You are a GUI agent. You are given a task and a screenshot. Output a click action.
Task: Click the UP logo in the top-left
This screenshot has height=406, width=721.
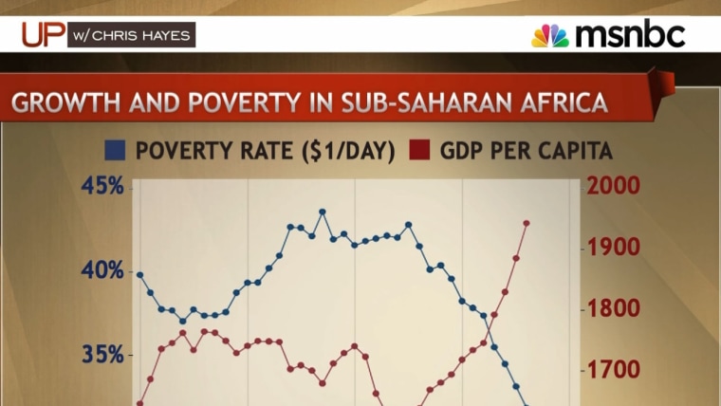click(x=43, y=35)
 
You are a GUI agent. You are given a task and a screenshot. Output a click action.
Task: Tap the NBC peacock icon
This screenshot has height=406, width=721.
click(x=549, y=36)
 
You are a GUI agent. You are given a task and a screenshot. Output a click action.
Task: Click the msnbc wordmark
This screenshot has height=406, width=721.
click(x=630, y=35)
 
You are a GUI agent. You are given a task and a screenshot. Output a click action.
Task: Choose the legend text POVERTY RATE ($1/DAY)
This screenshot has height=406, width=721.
click(x=265, y=150)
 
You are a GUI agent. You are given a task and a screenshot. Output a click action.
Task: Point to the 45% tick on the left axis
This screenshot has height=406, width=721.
click(x=102, y=185)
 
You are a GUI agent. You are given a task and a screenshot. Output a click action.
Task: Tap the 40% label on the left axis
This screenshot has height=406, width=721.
click(x=102, y=270)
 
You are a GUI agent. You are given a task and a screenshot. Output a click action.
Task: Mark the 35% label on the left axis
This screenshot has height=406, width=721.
click(x=102, y=355)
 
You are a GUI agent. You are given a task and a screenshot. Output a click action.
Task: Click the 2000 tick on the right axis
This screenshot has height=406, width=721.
click(x=615, y=185)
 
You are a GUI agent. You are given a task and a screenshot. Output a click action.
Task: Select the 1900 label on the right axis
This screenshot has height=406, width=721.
click(x=615, y=247)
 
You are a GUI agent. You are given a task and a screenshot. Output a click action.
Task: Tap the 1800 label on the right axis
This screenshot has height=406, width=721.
click(x=615, y=308)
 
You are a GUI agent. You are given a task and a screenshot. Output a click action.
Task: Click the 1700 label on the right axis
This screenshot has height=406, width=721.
click(x=615, y=369)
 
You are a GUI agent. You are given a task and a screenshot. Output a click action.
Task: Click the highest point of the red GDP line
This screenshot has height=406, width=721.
click(x=527, y=223)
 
